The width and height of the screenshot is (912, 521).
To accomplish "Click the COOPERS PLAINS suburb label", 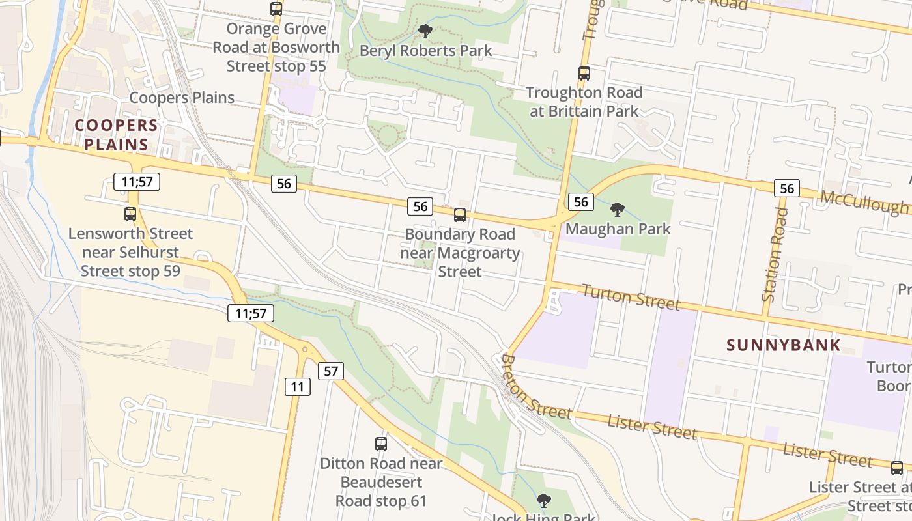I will click(x=116, y=135).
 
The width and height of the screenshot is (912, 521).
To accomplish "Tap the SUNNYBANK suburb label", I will click(x=784, y=345).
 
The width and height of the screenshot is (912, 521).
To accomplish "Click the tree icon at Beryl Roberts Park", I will click(x=425, y=31).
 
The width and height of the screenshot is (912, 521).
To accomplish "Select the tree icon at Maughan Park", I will click(x=617, y=210).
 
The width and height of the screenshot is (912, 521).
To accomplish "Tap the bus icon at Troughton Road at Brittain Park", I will click(x=584, y=74).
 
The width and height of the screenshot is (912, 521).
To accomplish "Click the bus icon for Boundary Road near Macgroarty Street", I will click(x=460, y=214).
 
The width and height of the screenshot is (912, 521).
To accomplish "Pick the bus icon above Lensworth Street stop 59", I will click(x=130, y=214).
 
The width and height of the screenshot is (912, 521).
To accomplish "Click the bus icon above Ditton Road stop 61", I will click(x=381, y=444).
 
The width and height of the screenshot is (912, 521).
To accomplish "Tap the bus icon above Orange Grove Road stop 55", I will click(x=276, y=9).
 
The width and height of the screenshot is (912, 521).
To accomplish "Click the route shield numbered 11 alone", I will click(x=298, y=387).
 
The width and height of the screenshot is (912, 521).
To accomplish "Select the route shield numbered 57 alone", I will click(x=331, y=371).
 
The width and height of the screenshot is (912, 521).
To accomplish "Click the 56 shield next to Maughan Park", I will click(x=581, y=202).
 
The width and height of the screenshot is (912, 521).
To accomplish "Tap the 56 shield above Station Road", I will click(x=787, y=189).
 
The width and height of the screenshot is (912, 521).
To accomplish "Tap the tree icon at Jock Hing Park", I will click(x=543, y=500).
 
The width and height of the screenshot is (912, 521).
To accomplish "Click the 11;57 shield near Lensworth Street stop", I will click(x=137, y=182).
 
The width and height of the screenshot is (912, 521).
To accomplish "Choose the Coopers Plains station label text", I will click(x=182, y=98).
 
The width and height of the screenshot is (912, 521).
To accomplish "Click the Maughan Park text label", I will click(x=618, y=229).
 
